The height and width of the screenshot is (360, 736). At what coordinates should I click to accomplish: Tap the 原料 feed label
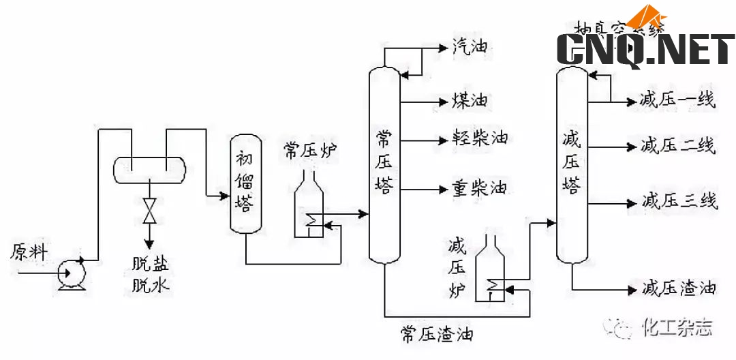(x=29, y=253)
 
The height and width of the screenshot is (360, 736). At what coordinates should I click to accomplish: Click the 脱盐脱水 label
(x=151, y=274)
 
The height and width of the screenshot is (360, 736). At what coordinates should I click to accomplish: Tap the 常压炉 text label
(x=311, y=151)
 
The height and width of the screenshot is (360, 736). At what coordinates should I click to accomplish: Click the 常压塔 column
(x=384, y=164)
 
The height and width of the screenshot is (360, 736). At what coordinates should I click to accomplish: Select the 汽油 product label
(x=470, y=47)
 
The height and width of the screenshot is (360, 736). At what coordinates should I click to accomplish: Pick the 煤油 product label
(x=470, y=101)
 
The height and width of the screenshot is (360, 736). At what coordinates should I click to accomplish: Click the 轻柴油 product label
(x=480, y=138)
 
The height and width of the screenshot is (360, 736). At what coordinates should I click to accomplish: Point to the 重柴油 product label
(x=480, y=187)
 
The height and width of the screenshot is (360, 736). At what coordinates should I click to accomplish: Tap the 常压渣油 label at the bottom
(x=437, y=334)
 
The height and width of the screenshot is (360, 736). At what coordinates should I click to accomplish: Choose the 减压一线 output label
(x=677, y=100)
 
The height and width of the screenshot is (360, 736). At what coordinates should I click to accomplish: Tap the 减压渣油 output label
(x=679, y=288)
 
